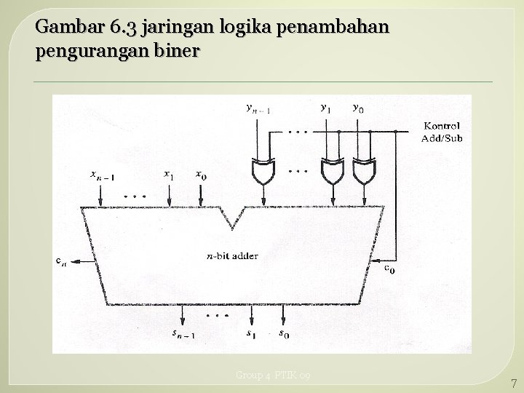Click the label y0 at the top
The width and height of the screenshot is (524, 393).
[x=358, y=107]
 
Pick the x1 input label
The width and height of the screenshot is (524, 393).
[x=168, y=175]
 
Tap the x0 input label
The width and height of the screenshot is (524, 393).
[x=201, y=175]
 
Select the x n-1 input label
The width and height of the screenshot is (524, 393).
[x=102, y=175]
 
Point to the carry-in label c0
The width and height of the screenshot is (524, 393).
[x=389, y=268]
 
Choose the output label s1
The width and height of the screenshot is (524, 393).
[x=250, y=334]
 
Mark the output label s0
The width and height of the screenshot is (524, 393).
[x=285, y=334]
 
